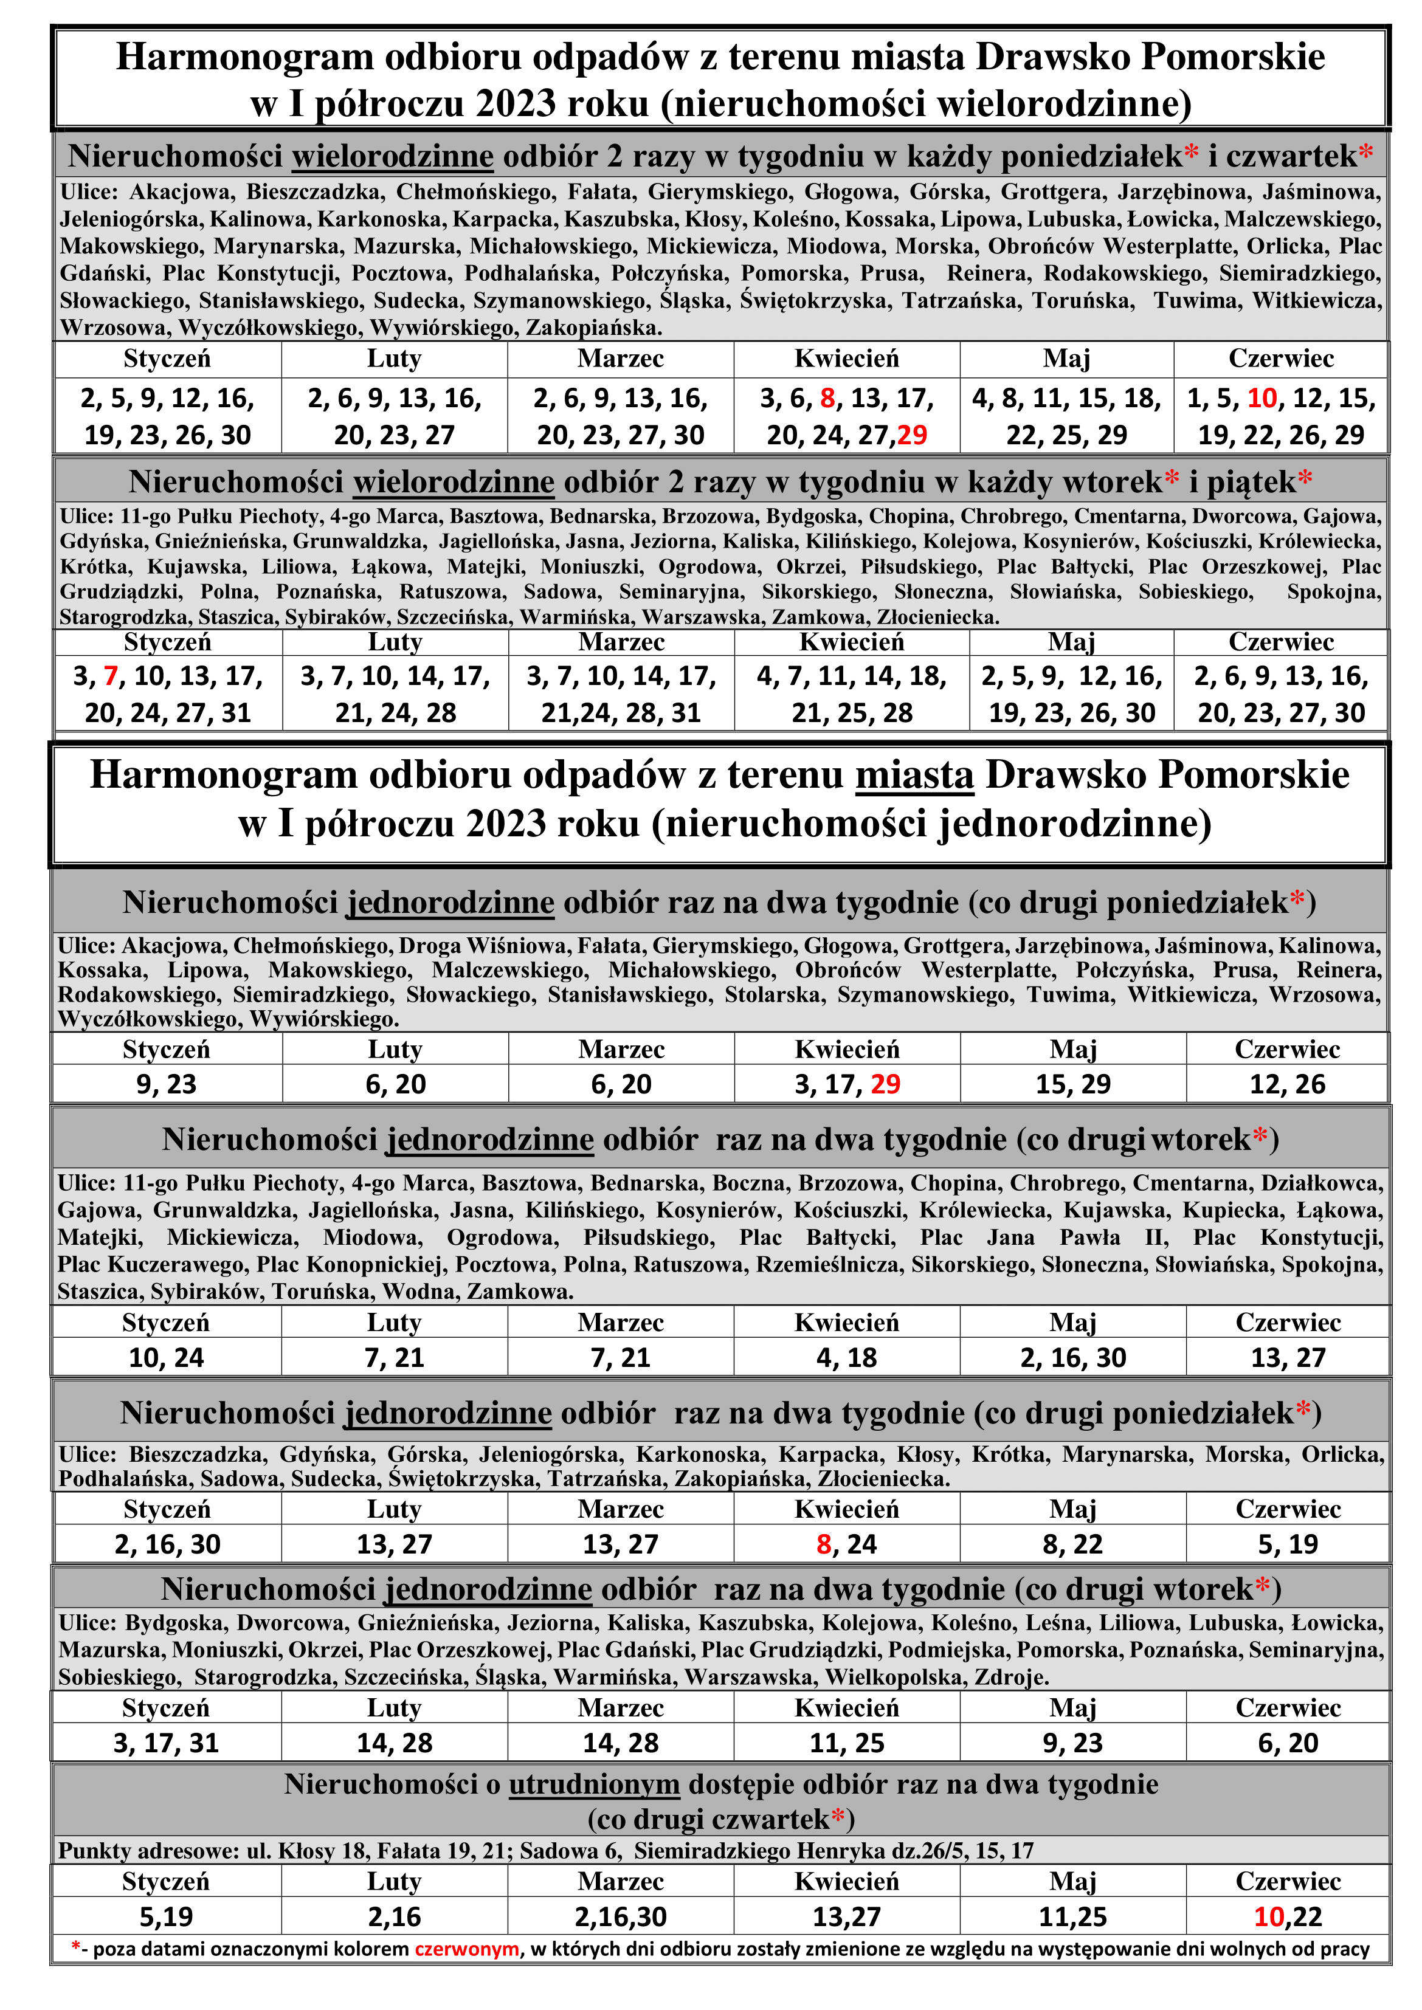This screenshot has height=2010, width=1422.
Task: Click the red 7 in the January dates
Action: pyautogui.click(x=110, y=676)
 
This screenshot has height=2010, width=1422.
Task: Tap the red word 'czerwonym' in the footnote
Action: pyautogui.click(x=467, y=1949)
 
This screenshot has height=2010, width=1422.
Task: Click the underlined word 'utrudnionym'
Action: pyautogui.click(x=594, y=1784)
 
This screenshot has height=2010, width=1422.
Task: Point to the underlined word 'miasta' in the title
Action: pyautogui.click(x=914, y=776)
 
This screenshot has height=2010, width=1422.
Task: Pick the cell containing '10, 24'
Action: pyautogui.click(x=167, y=1358)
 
